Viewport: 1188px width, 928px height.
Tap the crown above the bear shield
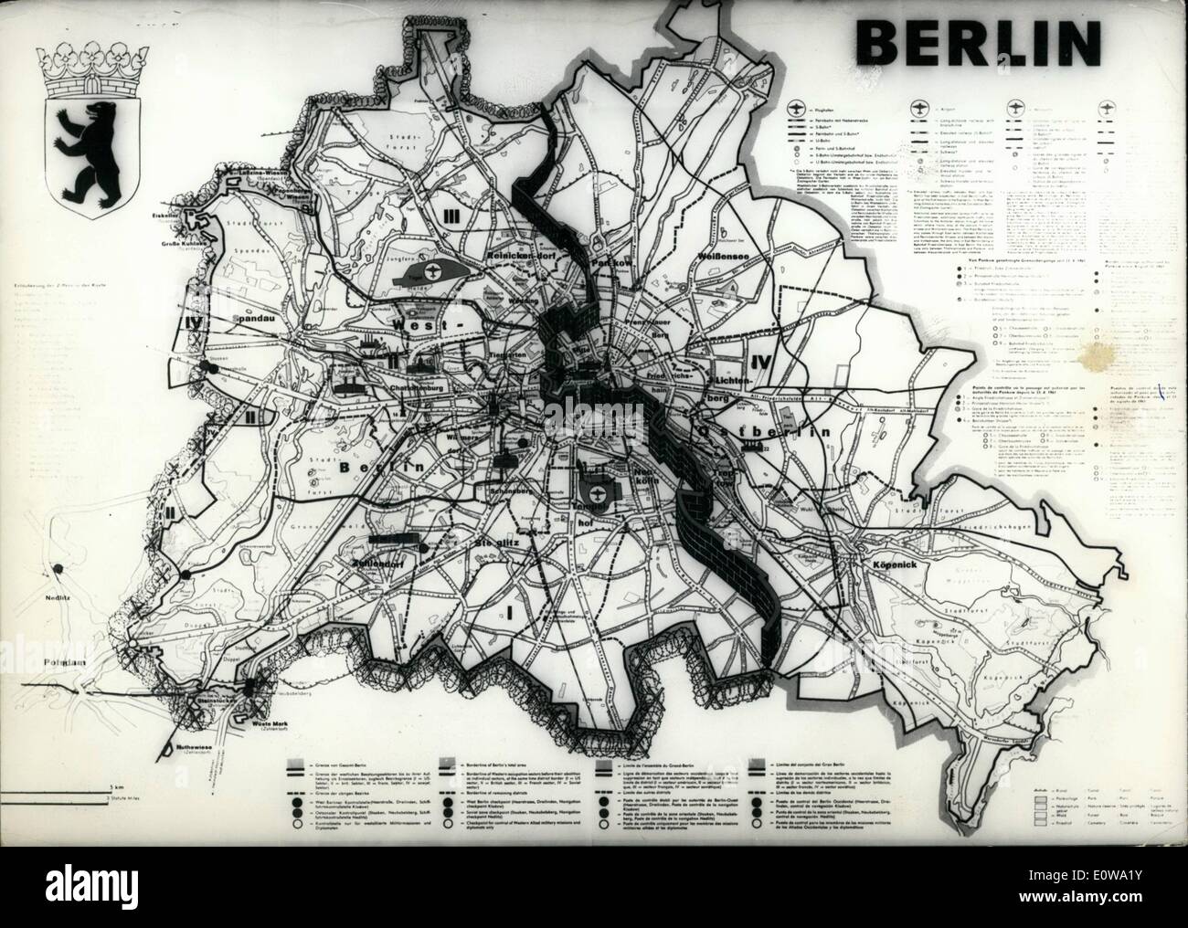coord(83,62)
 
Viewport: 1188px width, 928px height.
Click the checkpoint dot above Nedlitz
coord(186,574)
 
